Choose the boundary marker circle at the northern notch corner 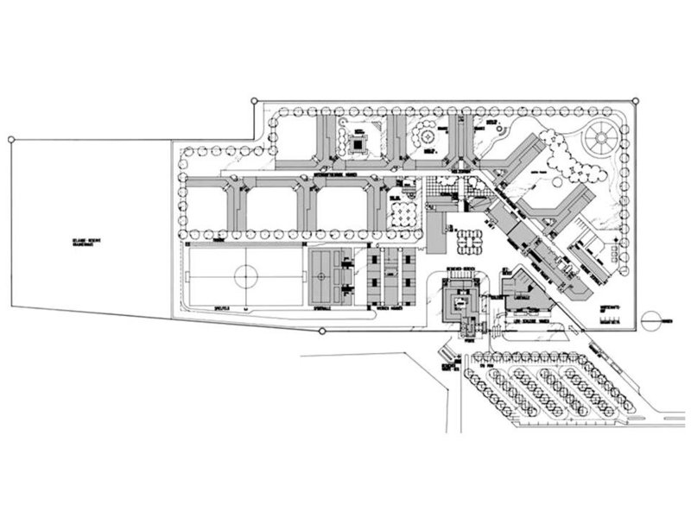coord(253,100)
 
